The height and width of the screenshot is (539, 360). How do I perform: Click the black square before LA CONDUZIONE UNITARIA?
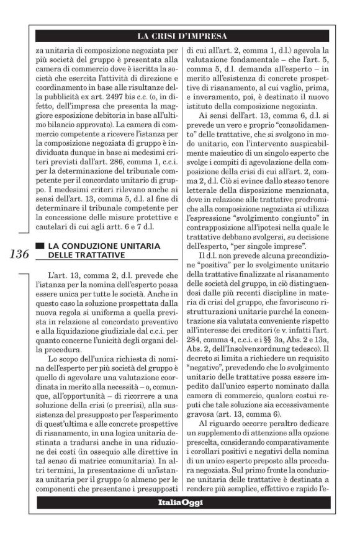40,246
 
